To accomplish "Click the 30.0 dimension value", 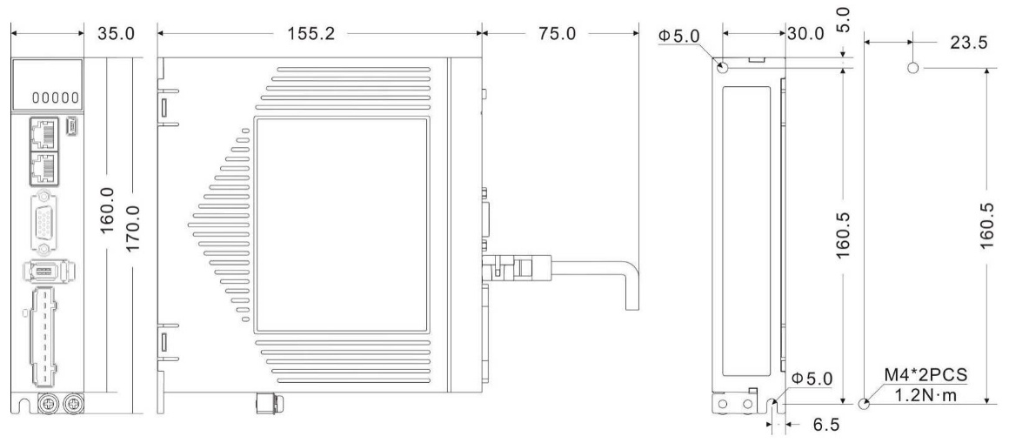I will pos(805,35).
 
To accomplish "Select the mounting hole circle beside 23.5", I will pos(913,68).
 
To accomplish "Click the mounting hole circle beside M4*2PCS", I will pos(864,404).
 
